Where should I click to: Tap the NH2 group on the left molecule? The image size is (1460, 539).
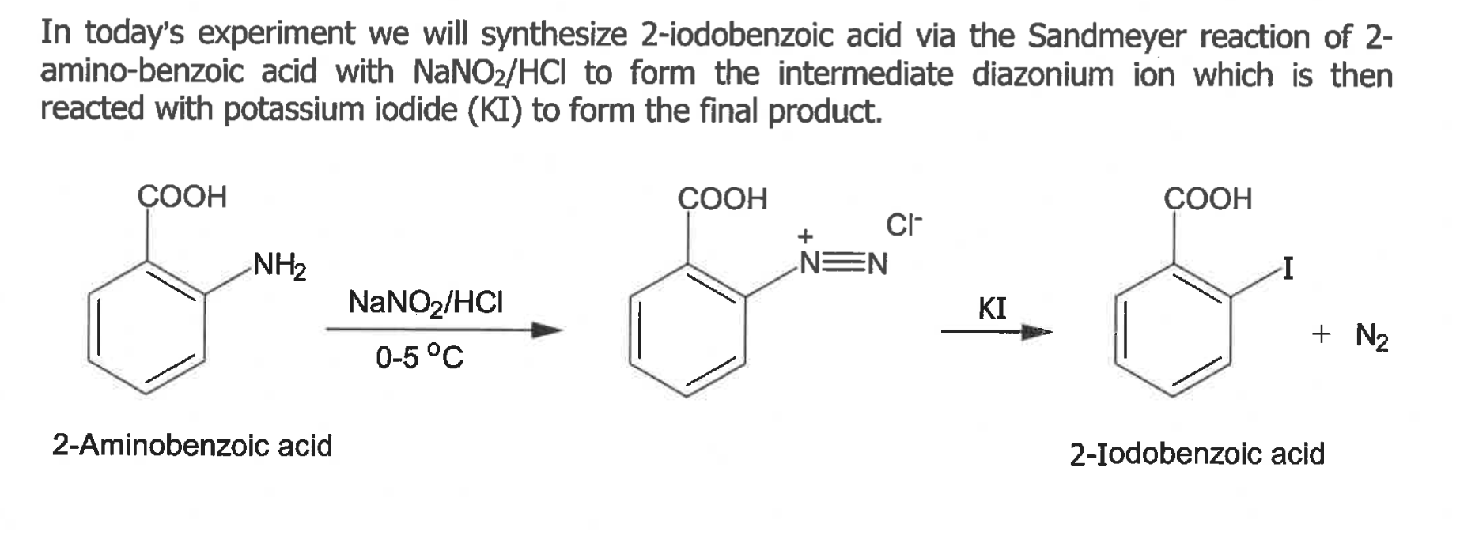279,266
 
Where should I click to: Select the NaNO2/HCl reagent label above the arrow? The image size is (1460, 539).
425,302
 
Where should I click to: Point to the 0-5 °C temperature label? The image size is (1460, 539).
418,357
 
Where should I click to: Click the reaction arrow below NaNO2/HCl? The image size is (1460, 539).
443,330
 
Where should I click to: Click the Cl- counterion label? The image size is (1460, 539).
903,225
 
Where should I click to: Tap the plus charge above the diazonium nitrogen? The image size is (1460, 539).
805,236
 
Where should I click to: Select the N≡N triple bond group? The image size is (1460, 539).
843,263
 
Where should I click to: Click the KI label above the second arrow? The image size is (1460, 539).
992,307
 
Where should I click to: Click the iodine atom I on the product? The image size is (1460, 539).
1288,270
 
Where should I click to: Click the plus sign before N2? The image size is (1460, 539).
1320,334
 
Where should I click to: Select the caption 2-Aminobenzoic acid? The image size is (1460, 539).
192,445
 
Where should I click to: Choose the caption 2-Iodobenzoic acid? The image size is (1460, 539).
1197,454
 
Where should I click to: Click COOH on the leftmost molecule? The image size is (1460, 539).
182,196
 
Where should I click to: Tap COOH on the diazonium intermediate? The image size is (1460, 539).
722,198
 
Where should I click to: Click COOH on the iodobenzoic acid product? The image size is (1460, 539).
1208,198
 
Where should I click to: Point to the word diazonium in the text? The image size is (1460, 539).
1042,75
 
